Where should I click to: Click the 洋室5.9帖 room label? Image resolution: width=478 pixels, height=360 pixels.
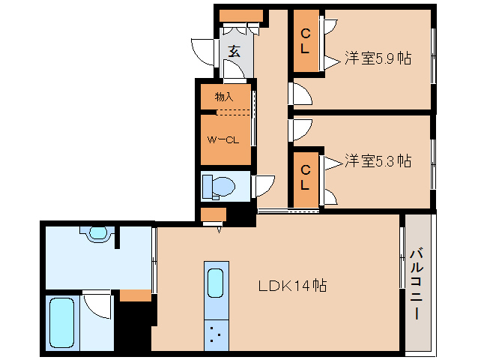click(x=378, y=58)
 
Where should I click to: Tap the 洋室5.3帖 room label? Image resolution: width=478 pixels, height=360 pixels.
click(x=378, y=160)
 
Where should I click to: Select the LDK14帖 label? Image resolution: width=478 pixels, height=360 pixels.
click(x=293, y=286)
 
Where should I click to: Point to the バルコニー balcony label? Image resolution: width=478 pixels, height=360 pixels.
click(x=417, y=284)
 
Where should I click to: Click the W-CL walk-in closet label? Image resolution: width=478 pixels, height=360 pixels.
click(x=223, y=140)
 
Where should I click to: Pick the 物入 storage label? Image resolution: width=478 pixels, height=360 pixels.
click(x=224, y=97)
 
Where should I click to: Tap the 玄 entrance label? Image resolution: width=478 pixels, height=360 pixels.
click(x=234, y=51)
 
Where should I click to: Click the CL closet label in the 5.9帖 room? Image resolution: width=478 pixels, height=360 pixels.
click(x=306, y=41)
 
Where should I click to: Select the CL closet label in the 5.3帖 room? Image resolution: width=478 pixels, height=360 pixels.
click(x=306, y=178)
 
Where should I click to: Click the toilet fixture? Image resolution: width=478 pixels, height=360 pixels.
click(x=219, y=187)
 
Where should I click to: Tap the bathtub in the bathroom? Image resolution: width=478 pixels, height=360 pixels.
click(x=62, y=322)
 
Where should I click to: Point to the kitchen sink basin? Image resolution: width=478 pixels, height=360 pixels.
click(x=215, y=283)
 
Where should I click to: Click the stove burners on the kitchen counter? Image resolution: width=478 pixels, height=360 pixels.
click(x=216, y=334)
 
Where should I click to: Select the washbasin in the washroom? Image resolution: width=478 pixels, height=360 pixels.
click(x=98, y=233)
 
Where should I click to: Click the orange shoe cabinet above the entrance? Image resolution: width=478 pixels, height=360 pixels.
click(x=241, y=16)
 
